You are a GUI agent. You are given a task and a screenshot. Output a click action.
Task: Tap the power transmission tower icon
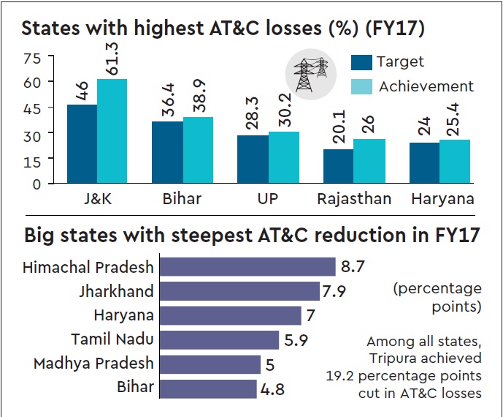(x=310, y=75)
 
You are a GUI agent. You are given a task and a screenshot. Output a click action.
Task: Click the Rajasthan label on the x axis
(x=354, y=199)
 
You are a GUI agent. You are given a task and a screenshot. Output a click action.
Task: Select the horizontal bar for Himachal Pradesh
(x=247, y=266)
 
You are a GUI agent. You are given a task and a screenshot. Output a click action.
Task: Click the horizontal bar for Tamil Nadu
(x=219, y=339)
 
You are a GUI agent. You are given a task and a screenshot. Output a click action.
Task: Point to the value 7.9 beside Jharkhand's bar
(x=333, y=291)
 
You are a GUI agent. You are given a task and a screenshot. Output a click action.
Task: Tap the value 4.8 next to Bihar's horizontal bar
(x=271, y=388)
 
